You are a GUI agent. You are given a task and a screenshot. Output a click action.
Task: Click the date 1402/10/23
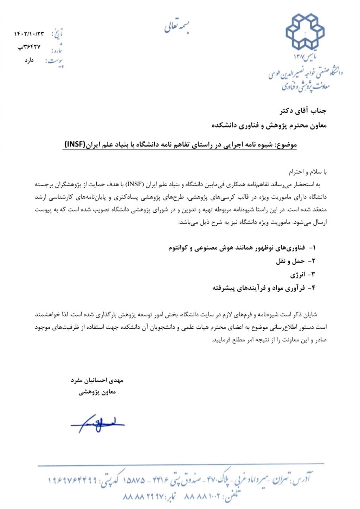(29, 34)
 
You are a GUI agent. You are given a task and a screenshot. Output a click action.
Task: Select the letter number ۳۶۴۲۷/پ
(29, 46)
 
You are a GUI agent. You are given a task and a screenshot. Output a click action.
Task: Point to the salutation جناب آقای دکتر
(303, 111)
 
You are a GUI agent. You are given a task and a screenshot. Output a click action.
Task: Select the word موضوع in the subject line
(287, 144)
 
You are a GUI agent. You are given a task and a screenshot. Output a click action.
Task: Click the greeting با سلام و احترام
(308, 172)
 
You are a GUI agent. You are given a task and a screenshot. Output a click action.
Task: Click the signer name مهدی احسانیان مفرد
(97, 380)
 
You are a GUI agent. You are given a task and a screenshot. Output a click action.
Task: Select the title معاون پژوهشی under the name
(97, 392)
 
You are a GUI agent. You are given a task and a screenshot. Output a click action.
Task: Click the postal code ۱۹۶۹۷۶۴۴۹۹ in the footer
(72, 480)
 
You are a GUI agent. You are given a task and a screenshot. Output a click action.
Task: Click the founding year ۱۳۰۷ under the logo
(301, 57)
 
